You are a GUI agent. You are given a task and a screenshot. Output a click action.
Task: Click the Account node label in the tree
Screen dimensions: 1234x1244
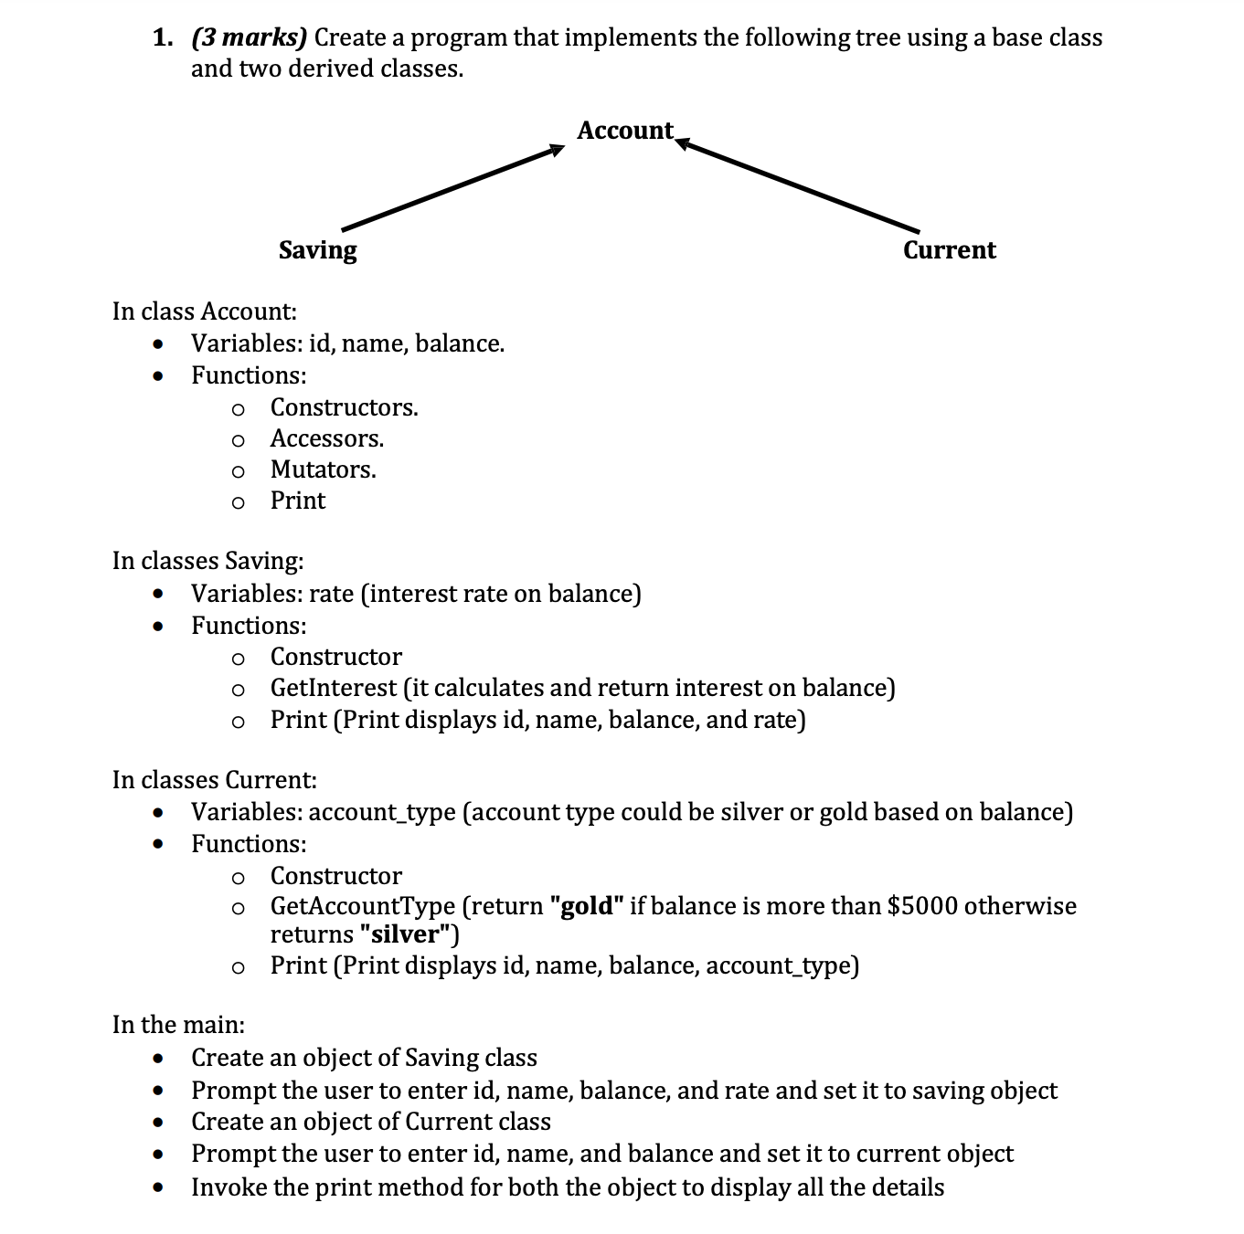pos(625,131)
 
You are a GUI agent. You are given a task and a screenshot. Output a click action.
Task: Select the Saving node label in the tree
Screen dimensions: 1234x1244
pos(317,250)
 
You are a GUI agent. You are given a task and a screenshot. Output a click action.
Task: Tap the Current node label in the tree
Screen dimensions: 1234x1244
pos(949,250)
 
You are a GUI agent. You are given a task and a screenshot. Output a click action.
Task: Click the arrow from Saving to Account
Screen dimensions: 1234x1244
pos(452,188)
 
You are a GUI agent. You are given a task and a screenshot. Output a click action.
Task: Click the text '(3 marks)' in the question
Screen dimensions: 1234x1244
pos(250,38)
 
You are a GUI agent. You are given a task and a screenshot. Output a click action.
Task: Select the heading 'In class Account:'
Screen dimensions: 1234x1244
pos(204,311)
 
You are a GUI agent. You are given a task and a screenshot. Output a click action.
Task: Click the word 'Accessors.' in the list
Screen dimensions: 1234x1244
pos(326,438)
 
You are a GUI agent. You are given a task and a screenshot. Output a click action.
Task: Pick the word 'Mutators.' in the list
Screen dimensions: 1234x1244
pos(323,469)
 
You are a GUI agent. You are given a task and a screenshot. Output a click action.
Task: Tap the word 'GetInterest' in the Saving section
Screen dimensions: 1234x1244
pos(333,688)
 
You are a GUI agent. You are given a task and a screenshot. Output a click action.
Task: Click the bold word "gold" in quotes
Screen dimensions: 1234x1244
pos(586,906)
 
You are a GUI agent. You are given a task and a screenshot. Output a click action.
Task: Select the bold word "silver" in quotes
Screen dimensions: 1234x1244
pos(401,934)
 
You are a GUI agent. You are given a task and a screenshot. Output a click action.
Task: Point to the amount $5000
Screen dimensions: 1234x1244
pos(922,906)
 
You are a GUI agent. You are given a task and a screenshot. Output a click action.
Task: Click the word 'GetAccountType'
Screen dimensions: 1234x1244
pos(362,906)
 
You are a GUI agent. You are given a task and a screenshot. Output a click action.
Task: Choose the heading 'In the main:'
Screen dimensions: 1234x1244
pos(178,1025)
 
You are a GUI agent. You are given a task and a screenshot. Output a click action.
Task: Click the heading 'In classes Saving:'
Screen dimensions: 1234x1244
pos(207,561)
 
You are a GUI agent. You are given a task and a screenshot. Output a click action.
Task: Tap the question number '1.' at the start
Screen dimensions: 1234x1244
pos(163,38)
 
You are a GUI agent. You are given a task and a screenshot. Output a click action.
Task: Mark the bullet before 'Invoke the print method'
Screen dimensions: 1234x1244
pos(160,1187)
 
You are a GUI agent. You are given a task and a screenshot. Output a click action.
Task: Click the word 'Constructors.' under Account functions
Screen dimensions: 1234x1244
pos(344,407)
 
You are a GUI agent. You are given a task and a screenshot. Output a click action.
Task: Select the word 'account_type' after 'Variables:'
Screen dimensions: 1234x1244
pos(382,812)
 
